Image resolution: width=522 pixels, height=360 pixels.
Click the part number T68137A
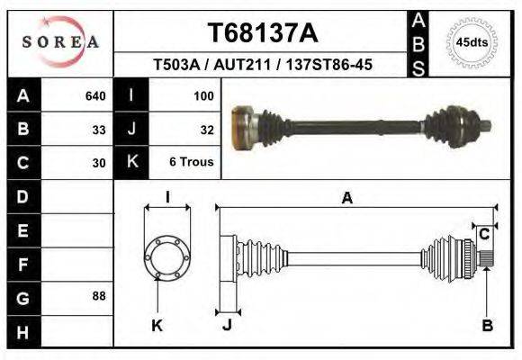tap(262, 33)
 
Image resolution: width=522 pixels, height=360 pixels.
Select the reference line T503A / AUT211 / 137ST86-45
tap(262, 65)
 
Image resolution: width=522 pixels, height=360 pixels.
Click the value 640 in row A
tap(95, 94)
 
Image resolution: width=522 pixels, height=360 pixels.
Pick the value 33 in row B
tap(99, 129)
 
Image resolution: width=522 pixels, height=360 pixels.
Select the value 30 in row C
tap(99, 163)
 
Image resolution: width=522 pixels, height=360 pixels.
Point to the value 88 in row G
tap(99, 296)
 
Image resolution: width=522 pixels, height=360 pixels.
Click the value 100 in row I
tap(202, 94)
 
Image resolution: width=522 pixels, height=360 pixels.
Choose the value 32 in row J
tap(206, 129)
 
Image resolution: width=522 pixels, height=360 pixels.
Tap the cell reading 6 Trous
tap(191, 163)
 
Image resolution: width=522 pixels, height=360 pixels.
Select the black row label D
tap(23, 196)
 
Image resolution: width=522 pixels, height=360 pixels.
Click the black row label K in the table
tap(132, 163)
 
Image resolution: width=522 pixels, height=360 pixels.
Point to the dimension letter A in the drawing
tap(346, 199)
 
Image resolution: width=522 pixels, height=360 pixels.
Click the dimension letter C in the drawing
tap(484, 234)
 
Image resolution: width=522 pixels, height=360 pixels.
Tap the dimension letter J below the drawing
tap(227, 326)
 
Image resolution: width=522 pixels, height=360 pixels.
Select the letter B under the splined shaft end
tap(487, 326)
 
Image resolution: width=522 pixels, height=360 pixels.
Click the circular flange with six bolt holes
tap(168, 257)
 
